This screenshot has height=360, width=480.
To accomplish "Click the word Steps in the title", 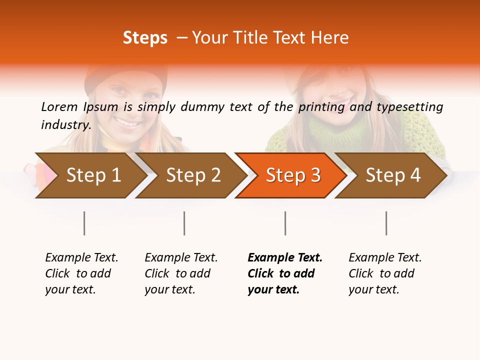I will click(145, 38).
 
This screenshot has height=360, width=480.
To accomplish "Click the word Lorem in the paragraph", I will click(59, 106).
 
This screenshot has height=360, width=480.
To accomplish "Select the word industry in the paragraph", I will click(65, 125).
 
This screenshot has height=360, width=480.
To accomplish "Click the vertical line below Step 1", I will click(84, 223).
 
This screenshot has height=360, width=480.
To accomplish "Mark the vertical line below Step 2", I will click(184, 223).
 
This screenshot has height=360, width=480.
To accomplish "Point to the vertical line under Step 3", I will click(285, 223).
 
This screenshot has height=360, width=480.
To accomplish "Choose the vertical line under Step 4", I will click(386, 223).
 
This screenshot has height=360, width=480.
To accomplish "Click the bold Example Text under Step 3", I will click(285, 257).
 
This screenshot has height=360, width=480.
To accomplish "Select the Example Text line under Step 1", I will click(81, 257).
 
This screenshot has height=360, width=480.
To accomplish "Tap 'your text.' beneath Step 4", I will click(374, 289).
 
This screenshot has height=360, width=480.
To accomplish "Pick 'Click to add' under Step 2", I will click(177, 273).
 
